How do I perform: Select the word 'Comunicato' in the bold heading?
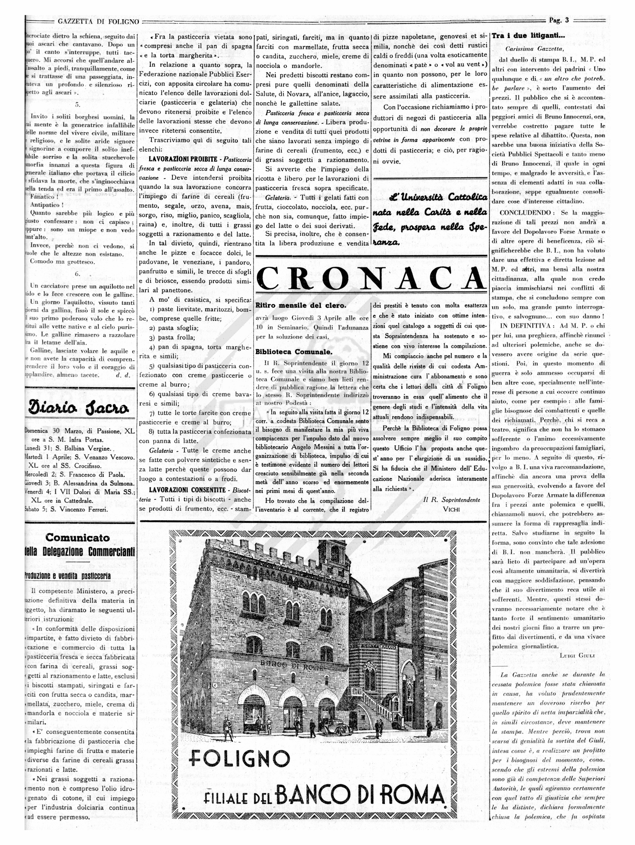pyautogui.click(x=77, y=538)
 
